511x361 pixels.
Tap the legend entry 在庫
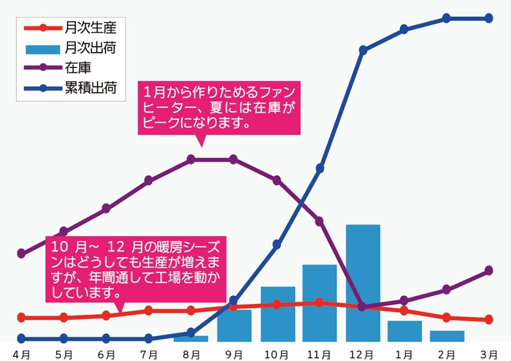(x=76, y=69)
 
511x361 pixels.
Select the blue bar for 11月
(x=320, y=303)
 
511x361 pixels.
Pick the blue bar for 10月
(x=277, y=313)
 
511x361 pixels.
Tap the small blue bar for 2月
(x=447, y=336)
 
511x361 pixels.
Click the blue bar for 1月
(x=404, y=330)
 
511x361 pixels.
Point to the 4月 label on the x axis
(x=21, y=354)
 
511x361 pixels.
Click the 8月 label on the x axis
(x=191, y=354)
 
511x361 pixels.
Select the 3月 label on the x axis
(x=489, y=354)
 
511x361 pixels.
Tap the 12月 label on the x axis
(x=362, y=354)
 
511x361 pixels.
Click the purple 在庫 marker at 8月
(x=191, y=159)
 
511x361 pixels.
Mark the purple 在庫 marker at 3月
(x=489, y=270)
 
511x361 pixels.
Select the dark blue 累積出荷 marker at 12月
(x=363, y=50)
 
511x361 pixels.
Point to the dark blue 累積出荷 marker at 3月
(x=489, y=18)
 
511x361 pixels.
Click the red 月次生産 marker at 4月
(x=21, y=317)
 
